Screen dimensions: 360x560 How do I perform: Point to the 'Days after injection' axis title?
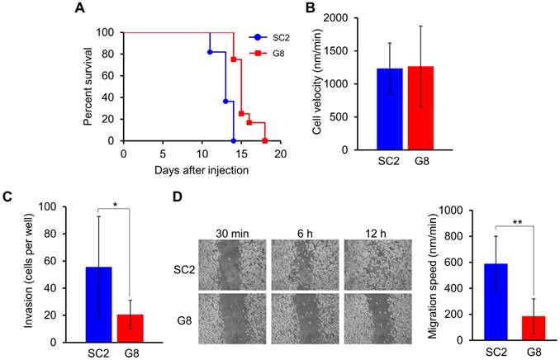click(x=202, y=169)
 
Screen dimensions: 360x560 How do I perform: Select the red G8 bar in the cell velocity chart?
click(x=445, y=108)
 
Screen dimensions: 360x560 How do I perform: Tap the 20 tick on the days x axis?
click(x=281, y=154)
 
